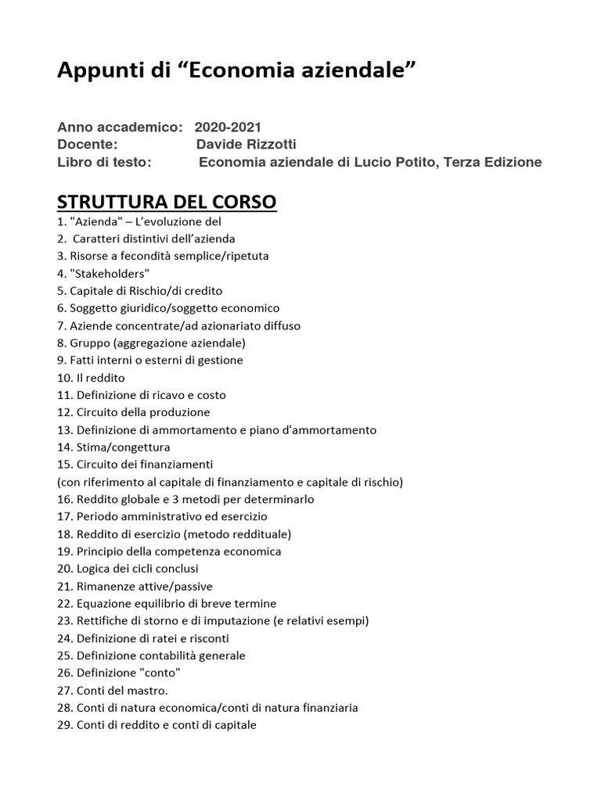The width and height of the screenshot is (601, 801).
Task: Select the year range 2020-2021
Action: point(228,127)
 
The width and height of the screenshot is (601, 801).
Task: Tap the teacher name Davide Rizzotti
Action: point(247,145)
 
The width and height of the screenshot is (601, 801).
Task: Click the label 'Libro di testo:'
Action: point(104,163)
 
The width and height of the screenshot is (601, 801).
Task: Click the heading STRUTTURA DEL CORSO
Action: point(167,202)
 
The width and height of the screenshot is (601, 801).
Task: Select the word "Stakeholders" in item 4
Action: point(109,273)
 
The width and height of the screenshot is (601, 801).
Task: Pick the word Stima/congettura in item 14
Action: point(123,447)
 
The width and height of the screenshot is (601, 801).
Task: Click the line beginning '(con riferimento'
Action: point(230,482)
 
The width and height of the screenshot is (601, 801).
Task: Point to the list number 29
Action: point(65,725)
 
